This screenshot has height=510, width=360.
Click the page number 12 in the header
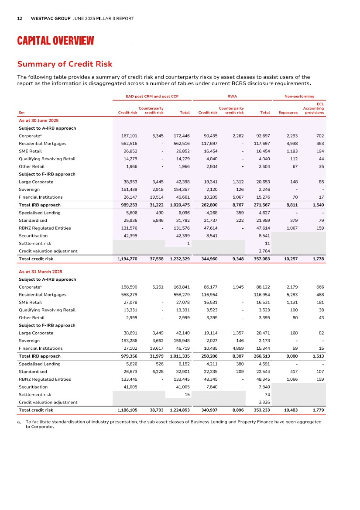tap(20, 19)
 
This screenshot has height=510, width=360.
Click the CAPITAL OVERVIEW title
tap(55, 41)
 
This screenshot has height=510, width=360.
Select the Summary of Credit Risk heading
tap(65, 64)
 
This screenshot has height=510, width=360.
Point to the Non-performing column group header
tap(299, 96)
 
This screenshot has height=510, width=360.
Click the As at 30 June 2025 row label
tap(39, 120)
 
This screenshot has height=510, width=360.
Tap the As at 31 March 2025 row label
tap(41, 272)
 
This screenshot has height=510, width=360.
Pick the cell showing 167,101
tap(129, 136)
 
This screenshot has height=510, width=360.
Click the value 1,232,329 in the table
tap(179, 259)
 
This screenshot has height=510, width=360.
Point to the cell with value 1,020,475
tap(179, 205)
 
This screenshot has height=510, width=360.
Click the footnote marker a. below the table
tap(20, 422)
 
